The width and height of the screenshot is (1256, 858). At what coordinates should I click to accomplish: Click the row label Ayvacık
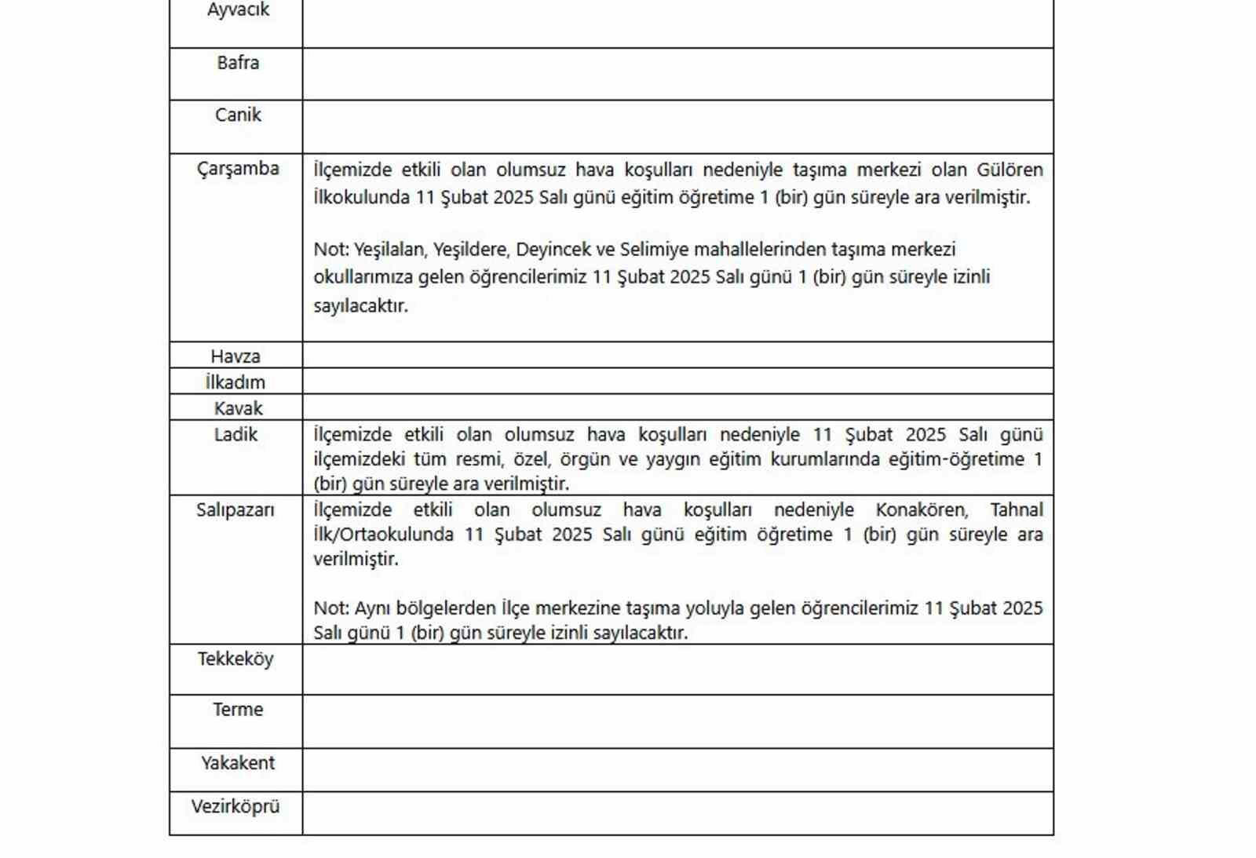238,10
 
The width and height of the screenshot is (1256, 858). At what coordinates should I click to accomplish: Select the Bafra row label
238,63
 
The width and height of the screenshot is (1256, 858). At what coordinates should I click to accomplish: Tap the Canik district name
238,115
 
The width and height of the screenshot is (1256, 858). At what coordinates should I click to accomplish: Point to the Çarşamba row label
238,169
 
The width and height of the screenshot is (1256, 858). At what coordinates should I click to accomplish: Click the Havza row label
235,356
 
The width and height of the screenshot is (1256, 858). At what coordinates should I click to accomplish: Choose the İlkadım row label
235,382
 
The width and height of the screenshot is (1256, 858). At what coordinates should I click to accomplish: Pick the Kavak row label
238,408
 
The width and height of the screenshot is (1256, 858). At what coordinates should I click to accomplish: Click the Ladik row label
235,434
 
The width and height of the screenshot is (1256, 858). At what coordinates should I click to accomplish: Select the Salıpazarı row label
235,510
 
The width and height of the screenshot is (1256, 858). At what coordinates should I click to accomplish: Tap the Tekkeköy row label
235,659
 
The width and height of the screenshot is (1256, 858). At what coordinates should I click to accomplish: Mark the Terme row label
238,710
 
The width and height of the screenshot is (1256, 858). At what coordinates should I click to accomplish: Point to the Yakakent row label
238,763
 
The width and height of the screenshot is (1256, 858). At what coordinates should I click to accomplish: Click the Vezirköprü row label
235,806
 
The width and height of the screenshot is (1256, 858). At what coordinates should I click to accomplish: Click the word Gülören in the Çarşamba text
1010,170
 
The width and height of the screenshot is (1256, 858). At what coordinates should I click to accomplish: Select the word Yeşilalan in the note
389,250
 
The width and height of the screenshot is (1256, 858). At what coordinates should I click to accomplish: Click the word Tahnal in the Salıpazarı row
1017,509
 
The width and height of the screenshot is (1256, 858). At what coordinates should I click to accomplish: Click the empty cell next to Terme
677,721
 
